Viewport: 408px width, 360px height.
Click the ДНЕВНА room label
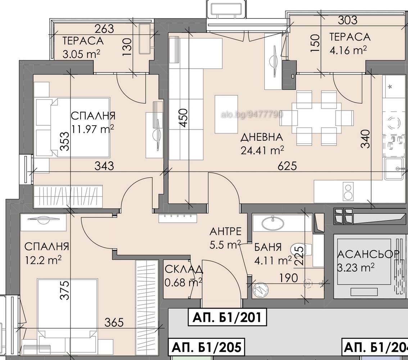point(262,137)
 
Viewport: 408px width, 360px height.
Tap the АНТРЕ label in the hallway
point(226,231)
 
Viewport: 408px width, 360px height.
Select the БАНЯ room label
point(268,247)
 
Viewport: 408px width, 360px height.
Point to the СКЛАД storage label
point(184,269)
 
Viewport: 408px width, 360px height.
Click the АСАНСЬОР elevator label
point(368,254)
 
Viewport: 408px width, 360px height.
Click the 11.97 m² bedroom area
point(93,129)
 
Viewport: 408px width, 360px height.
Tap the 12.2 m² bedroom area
point(44,260)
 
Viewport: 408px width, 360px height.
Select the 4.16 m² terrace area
point(348,50)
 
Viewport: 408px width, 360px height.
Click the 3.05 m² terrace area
point(81,54)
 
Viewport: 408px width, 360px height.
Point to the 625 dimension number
point(287,166)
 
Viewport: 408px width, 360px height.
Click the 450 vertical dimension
point(183,118)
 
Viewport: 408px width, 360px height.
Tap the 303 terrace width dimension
point(348,20)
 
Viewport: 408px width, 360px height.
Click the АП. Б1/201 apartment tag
point(227,318)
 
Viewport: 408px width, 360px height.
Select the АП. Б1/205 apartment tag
point(207,347)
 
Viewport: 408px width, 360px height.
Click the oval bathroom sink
point(272,223)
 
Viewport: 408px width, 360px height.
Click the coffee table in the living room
point(226,114)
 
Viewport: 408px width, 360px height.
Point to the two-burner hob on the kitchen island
point(348,192)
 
